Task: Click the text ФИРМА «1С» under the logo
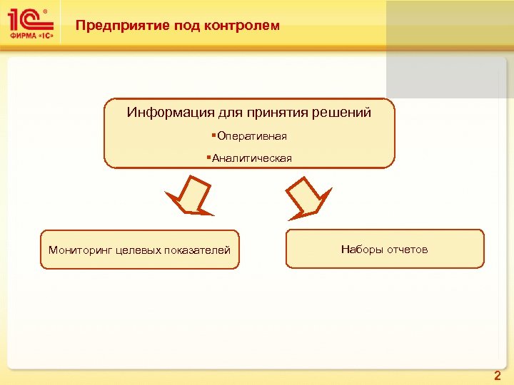[x=31, y=35]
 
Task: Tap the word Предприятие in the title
[x=113, y=26]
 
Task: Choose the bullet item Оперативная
[x=252, y=135]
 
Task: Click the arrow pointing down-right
[x=308, y=195]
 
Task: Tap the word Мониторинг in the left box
[x=76, y=250]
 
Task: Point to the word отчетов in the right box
[x=408, y=249]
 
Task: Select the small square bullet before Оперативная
[x=213, y=135]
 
